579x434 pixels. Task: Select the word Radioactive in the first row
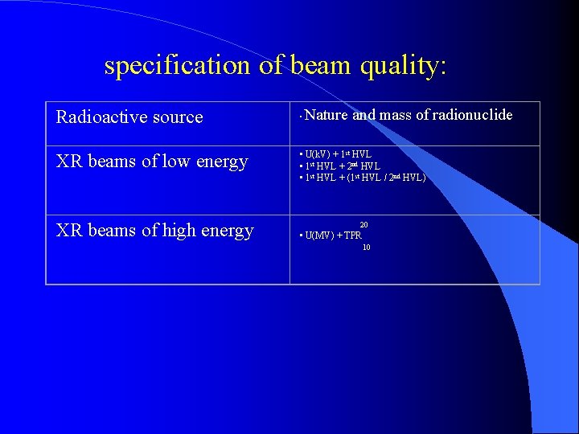pos(96,117)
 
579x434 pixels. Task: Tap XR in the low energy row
pos(68,162)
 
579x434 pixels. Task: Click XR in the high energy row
pos(68,231)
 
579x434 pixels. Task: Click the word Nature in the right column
pos(326,115)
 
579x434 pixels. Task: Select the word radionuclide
pos(472,115)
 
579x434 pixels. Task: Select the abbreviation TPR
pos(352,235)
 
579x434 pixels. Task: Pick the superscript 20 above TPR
pos(364,224)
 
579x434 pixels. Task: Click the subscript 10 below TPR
pos(366,248)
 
